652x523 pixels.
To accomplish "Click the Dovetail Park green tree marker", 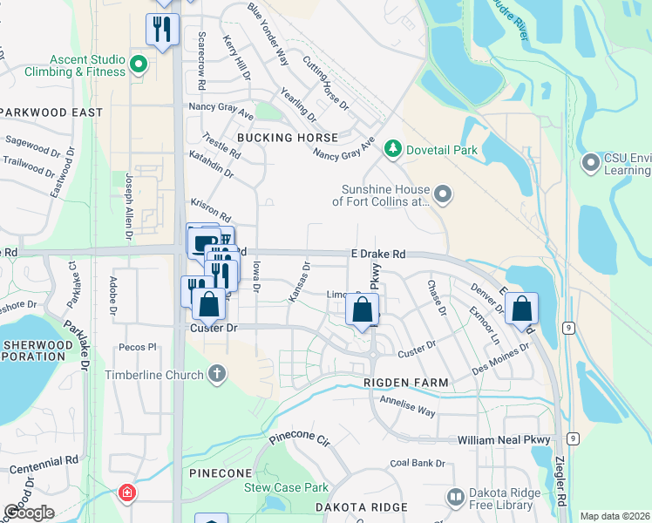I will [393, 150].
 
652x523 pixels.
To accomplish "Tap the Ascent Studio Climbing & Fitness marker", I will [138, 65].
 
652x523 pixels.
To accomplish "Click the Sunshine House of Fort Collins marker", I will [443, 194].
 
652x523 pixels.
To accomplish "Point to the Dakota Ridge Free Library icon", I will [455, 497].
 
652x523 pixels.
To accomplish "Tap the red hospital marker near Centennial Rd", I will [127, 493].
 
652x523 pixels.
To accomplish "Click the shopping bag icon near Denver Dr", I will [521, 309].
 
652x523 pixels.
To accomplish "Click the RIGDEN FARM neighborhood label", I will [407, 383].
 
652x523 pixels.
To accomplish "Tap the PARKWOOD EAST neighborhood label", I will [52, 112].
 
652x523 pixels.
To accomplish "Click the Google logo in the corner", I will [29, 513].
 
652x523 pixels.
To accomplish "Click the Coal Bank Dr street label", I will [418, 463].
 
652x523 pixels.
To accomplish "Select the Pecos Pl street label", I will [139, 346].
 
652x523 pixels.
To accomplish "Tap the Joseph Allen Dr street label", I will [128, 206].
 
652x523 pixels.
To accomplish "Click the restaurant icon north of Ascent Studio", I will [161, 30].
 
